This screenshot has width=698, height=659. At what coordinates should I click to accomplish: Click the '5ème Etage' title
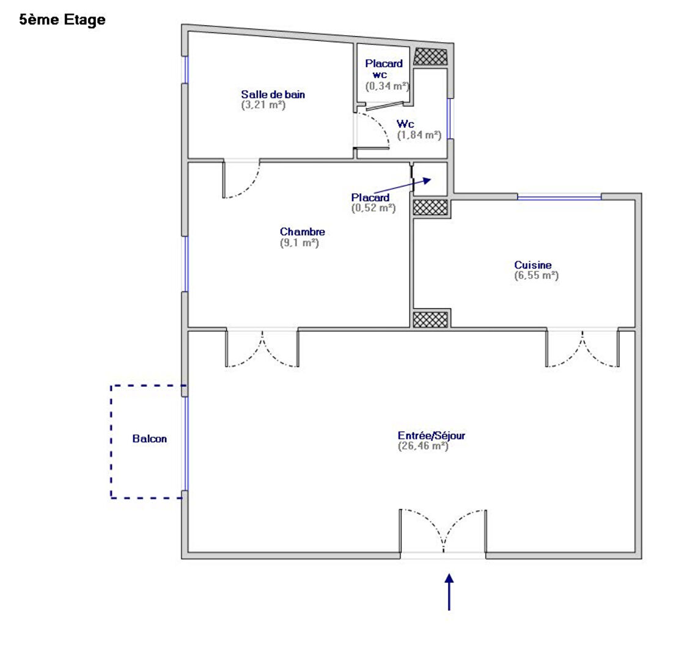(x=62, y=20)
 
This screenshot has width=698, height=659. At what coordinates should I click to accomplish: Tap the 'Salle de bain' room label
(x=273, y=94)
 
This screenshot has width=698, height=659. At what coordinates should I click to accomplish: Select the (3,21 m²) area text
(x=263, y=105)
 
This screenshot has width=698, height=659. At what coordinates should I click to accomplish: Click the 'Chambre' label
(x=303, y=231)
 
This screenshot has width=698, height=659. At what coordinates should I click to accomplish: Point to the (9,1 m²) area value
(x=299, y=242)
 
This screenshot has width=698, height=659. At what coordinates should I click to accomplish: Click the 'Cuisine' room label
(x=533, y=264)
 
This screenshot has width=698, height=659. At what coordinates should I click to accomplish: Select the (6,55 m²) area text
(x=537, y=275)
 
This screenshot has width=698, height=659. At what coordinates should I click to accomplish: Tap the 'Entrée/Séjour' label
(x=432, y=435)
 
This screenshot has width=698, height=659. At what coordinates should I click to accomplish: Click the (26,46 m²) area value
(x=423, y=446)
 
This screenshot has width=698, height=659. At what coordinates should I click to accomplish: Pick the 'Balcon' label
(x=150, y=439)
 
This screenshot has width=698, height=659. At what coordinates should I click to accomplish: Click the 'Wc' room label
(x=405, y=124)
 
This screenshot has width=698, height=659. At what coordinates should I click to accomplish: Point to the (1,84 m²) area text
(x=419, y=135)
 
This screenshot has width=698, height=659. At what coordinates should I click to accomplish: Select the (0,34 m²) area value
(x=388, y=86)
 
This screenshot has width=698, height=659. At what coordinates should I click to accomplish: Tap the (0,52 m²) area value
(x=373, y=208)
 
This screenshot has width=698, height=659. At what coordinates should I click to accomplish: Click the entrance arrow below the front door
(x=449, y=592)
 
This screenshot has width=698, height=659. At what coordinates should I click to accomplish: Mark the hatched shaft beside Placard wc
(x=430, y=57)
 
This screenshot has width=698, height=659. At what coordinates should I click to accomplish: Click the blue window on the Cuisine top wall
(x=559, y=197)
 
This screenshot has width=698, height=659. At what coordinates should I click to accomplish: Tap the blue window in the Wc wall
(x=449, y=118)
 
